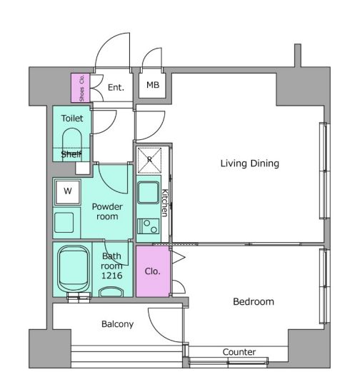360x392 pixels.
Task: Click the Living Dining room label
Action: (x=249, y=164)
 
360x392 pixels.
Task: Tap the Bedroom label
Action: (x=253, y=301)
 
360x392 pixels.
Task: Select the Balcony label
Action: (x=117, y=324)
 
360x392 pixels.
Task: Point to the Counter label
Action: (x=239, y=352)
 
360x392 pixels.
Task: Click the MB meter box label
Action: (x=153, y=85)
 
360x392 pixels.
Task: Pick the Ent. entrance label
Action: (x=116, y=88)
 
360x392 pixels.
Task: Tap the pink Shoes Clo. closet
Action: (x=80, y=88)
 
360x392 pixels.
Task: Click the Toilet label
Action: (x=72, y=119)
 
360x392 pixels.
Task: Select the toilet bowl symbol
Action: (x=72, y=144)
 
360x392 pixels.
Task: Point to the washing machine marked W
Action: (x=68, y=191)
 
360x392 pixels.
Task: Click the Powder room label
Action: (x=107, y=211)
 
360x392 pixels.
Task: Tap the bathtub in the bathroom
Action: (x=74, y=269)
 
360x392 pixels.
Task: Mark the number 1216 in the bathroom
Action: (x=111, y=276)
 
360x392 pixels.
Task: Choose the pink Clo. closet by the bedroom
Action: (x=153, y=271)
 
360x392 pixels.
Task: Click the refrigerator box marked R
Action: (x=149, y=160)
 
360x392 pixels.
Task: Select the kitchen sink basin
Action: (x=148, y=193)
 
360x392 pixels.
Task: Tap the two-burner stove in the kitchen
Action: (x=148, y=226)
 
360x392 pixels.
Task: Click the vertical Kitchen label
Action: (x=165, y=203)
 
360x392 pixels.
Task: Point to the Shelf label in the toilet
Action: (x=71, y=154)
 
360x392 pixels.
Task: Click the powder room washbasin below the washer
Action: (x=64, y=222)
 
